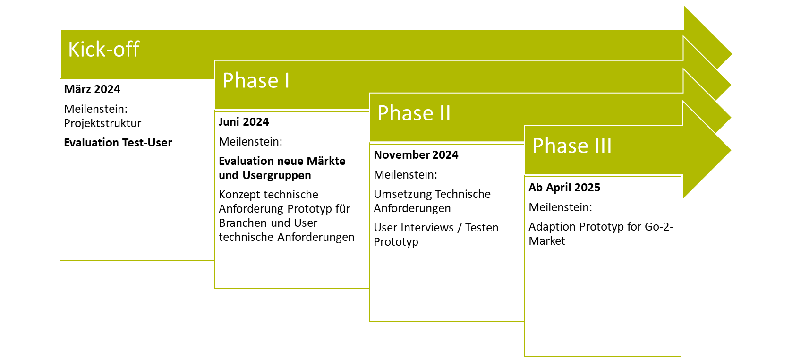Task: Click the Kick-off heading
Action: (103, 49)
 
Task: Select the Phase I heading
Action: (256, 80)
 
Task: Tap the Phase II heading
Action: (414, 113)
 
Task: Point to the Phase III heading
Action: (572, 146)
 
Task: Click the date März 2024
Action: (92, 89)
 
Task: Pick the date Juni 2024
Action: (244, 121)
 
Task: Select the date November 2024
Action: (416, 154)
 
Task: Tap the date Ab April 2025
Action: (564, 187)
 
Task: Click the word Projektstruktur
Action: (102, 123)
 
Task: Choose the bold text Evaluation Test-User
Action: (118, 143)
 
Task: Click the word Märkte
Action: (326, 161)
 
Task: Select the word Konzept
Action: (240, 195)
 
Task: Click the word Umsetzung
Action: (401, 194)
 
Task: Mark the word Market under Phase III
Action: (546, 241)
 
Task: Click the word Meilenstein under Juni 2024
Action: (250, 141)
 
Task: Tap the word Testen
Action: (482, 227)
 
